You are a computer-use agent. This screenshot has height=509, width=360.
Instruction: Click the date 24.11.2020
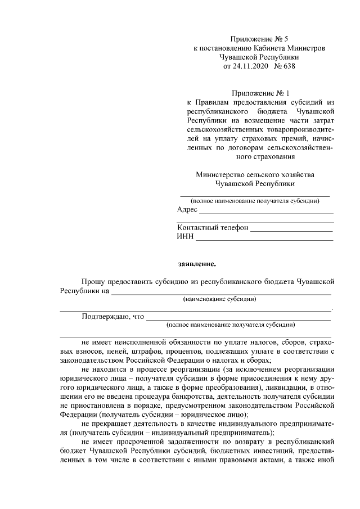pos(251,66)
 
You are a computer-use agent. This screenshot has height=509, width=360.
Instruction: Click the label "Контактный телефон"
pos(212,228)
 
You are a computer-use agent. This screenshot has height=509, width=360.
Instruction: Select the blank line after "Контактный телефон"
pos(291,230)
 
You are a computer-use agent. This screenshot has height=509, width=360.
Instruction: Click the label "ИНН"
pos(185,237)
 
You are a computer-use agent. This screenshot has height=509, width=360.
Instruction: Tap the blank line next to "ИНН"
pos(264,240)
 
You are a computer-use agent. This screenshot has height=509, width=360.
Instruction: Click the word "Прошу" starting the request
pos(93,281)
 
